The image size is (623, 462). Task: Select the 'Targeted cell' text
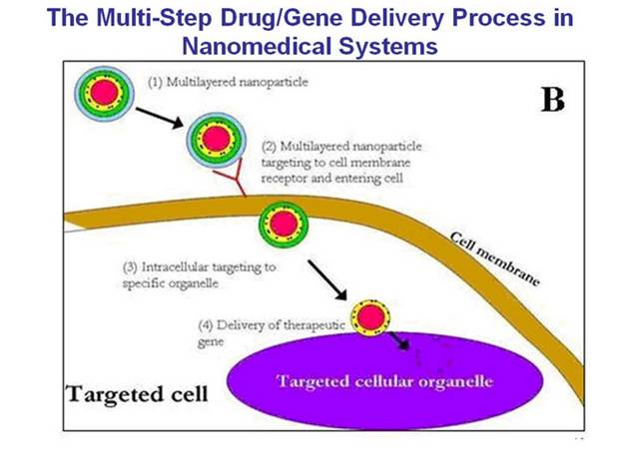pyautogui.click(x=137, y=393)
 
